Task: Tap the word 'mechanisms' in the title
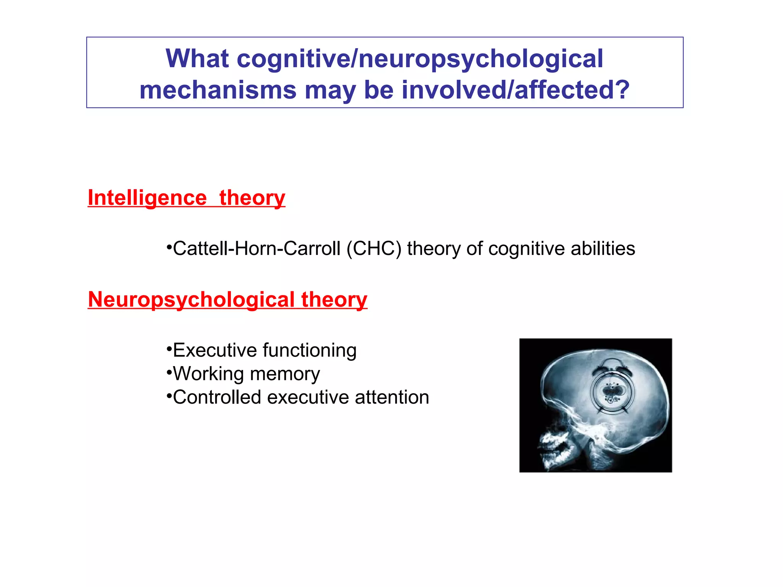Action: coord(218,90)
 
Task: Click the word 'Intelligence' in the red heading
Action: coord(147,198)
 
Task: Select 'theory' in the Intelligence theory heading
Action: coord(252,198)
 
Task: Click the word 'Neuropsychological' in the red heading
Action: coord(191,299)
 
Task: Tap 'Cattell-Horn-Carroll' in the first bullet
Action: coord(256,248)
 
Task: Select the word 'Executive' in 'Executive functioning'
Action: coord(214,350)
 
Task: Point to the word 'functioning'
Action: coord(310,350)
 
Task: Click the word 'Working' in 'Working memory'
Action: coord(208,374)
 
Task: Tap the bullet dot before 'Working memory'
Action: coord(169,371)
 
